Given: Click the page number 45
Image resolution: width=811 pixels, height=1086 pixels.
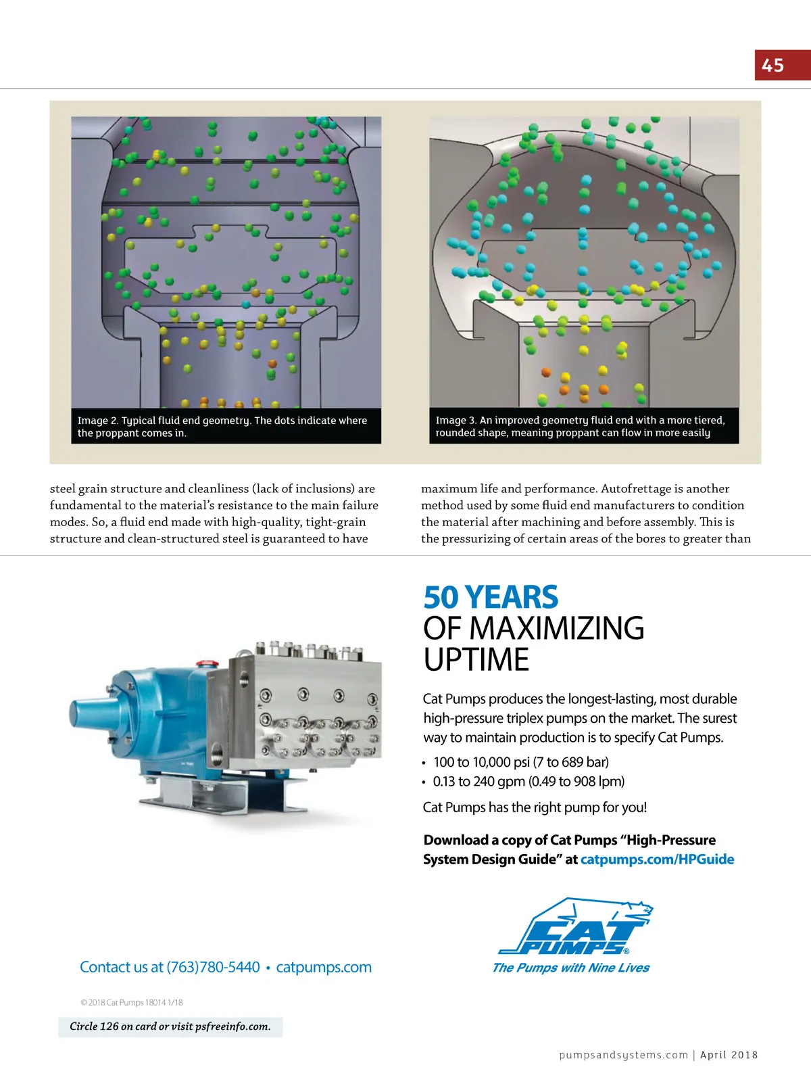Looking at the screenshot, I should (x=772, y=66).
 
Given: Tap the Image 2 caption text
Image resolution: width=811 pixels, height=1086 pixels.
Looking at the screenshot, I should (x=222, y=426).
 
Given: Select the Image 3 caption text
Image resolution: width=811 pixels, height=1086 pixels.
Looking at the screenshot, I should (x=579, y=426).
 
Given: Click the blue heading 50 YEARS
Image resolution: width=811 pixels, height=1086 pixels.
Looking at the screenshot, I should (x=491, y=597).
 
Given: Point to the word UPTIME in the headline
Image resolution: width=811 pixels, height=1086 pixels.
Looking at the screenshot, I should (x=476, y=660).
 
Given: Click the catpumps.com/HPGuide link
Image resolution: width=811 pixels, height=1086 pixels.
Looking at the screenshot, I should (x=657, y=859).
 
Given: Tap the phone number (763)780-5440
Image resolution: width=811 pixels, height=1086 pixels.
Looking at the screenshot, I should (x=213, y=967).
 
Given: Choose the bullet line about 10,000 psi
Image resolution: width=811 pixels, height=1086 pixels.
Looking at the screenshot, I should (x=520, y=762).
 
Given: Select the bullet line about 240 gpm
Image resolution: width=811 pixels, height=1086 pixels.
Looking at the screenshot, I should (x=529, y=782).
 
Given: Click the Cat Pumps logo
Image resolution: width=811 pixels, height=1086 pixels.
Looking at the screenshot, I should (x=574, y=926).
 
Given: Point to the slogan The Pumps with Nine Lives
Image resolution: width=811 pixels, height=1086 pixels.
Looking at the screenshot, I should (x=570, y=968).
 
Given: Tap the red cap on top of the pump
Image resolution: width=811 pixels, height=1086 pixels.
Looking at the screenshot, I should (x=203, y=663).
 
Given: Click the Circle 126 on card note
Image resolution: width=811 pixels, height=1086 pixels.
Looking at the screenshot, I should (x=170, y=1026).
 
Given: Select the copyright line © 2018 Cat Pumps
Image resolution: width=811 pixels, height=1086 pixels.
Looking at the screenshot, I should (x=131, y=1002).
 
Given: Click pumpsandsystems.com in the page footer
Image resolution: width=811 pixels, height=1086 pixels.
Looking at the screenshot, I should (x=623, y=1055).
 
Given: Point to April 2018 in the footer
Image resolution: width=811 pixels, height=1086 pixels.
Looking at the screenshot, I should (x=729, y=1055).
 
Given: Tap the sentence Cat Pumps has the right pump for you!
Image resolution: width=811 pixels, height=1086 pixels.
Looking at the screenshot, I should (x=535, y=807).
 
